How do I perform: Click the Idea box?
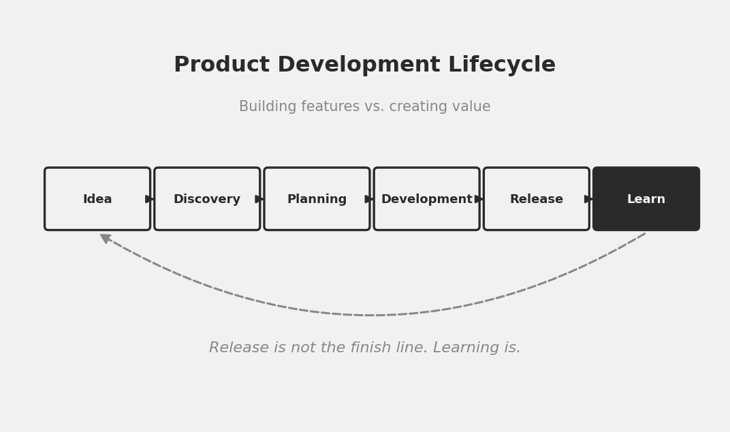point(97,199)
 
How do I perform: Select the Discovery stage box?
point(207,199)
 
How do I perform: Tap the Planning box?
point(317,199)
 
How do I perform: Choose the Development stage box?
point(426,199)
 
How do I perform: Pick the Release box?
point(537,199)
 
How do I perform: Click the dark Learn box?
point(646,199)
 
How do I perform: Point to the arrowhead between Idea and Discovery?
point(149,199)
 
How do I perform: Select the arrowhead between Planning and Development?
point(369,199)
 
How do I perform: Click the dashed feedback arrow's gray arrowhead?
point(106,238)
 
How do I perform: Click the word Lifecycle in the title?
point(502,65)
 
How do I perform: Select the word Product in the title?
point(221,64)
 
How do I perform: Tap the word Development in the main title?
point(359,65)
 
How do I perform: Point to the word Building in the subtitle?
point(268,106)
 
